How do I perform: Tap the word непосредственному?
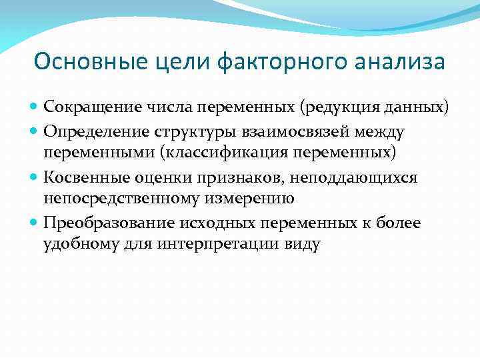[124, 199]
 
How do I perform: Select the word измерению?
[253, 199]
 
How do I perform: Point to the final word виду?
[303, 245]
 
